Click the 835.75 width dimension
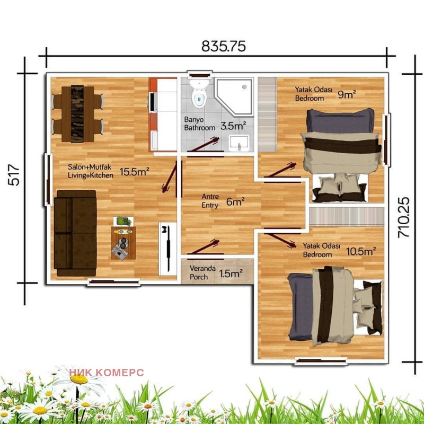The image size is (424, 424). pos(223,47)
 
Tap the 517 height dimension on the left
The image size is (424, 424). pos(14,174)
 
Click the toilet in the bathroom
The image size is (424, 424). pos(199,94)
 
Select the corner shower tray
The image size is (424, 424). pos(235,95)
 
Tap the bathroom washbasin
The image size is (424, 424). pos(240,142)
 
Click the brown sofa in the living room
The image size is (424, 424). pos(74,233)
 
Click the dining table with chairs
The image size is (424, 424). pos(77,113)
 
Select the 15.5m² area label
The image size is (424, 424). pos(134,172)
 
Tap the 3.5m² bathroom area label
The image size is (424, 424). pos(233,126)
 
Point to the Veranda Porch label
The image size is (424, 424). pos(202,272)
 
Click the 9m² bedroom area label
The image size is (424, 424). pos(347,94)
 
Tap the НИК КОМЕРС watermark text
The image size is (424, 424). pos(106,373)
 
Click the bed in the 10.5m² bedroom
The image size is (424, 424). pos(334,305)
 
